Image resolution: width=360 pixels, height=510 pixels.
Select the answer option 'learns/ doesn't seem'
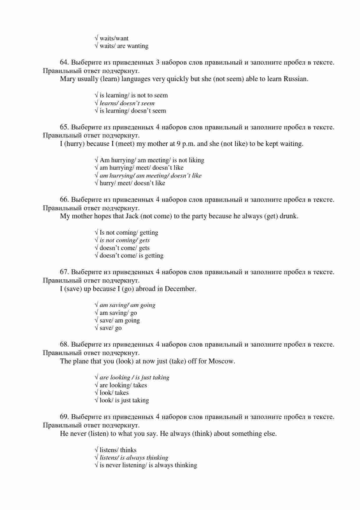click(127, 103)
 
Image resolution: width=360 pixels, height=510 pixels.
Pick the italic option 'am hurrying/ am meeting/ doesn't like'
click(150, 176)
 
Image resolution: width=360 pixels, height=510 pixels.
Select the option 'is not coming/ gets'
click(124, 240)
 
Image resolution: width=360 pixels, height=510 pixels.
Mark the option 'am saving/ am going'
click(127, 305)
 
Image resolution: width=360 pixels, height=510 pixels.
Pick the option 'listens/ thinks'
click(118, 450)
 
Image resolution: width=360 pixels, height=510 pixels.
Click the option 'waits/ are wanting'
click(124, 46)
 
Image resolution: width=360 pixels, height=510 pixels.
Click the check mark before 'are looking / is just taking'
click(96, 377)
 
